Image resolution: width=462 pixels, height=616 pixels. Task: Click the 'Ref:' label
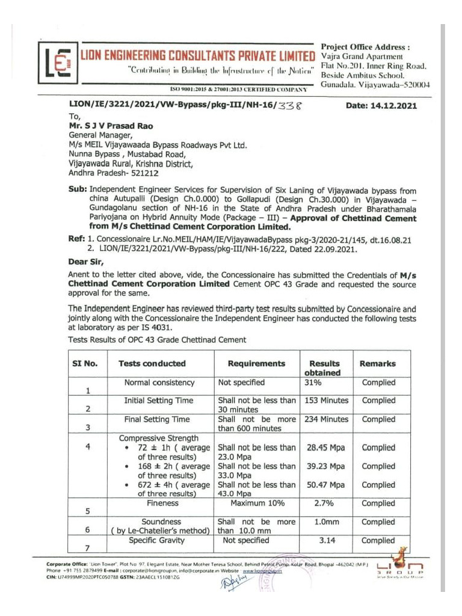coord(77,239)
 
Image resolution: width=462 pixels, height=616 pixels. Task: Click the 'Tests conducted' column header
coord(152,363)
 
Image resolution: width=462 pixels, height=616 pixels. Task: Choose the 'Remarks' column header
coord(378,363)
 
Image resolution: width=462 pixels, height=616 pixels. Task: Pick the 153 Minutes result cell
coord(327,400)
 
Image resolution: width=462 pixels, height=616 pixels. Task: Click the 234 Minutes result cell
coord(327,419)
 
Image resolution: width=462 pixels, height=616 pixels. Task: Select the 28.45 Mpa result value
coord(325,448)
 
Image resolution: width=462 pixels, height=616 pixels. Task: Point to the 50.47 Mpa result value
coord(325,485)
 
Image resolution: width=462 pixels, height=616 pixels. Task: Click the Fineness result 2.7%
coord(324,503)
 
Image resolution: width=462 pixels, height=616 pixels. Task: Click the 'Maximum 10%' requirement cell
coord(257,503)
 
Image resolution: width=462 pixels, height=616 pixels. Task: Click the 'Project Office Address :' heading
coord(365,47)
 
